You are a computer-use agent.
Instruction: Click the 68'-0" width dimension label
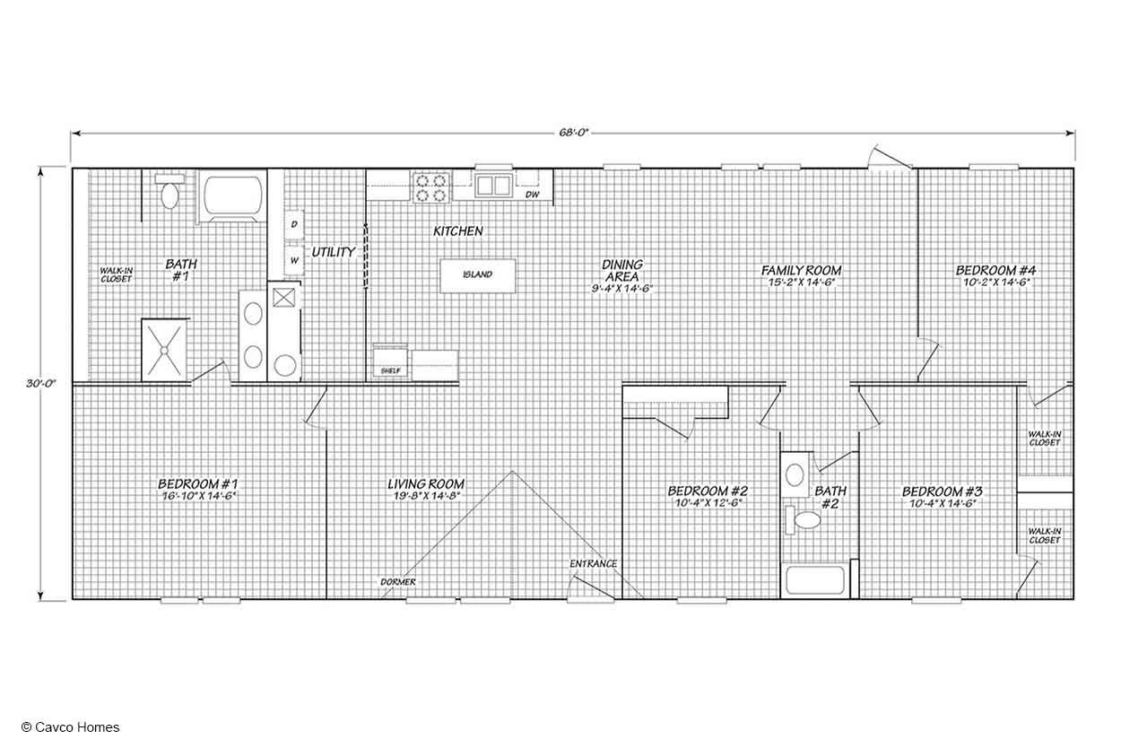tap(574, 133)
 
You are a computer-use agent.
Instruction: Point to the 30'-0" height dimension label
tap(41, 384)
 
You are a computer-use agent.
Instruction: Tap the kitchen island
tap(477, 275)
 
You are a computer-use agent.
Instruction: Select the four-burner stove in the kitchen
tap(431, 187)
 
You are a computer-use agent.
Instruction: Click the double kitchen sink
tap(494, 186)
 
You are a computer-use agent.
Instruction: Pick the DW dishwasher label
tap(533, 194)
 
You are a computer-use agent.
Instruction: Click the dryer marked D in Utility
tap(294, 224)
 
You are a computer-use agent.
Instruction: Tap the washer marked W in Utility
tap(294, 260)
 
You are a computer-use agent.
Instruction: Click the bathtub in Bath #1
tap(232, 196)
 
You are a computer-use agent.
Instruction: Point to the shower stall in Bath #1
tap(164, 351)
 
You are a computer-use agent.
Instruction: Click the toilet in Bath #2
tap(804, 520)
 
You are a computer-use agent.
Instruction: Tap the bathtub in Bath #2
tap(815, 580)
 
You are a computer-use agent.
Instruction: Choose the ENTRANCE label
tap(593, 564)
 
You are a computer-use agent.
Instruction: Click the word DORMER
tap(398, 582)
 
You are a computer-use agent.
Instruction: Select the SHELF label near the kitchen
tap(391, 370)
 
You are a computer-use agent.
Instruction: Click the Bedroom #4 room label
tap(995, 270)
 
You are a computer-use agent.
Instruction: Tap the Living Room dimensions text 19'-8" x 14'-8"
tap(426, 496)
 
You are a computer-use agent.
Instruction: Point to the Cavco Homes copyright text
tap(71, 727)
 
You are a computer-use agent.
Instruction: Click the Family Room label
tap(801, 270)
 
